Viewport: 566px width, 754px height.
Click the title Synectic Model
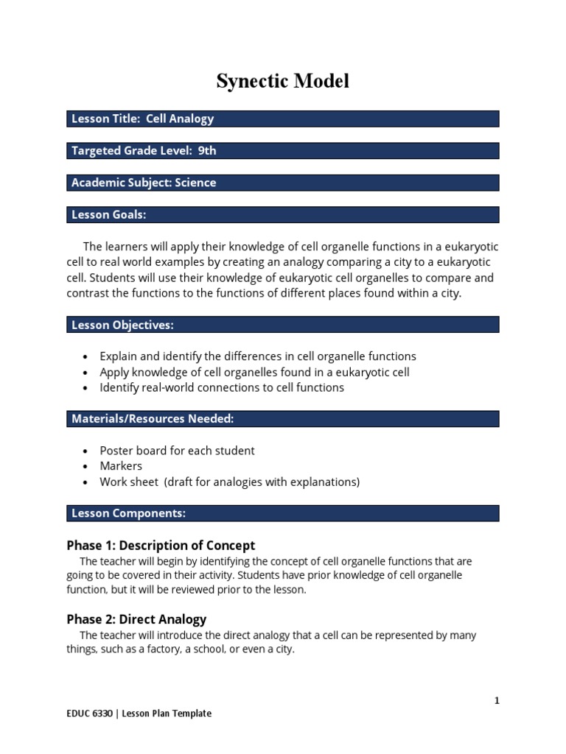click(x=283, y=82)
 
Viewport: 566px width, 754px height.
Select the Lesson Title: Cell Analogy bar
click(x=284, y=119)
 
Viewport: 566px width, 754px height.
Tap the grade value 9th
click(x=207, y=151)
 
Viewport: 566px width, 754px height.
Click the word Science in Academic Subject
click(x=195, y=183)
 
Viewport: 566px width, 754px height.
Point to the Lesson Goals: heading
click(x=109, y=215)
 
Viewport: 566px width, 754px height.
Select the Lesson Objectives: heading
click(x=122, y=325)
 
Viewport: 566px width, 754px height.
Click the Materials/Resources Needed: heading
click(x=153, y=419)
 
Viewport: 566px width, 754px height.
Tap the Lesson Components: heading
click(x=128, y=513)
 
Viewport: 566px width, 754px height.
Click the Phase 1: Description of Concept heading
click(x=161, y=546)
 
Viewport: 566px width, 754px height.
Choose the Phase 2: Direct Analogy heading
click(x=136, y=619)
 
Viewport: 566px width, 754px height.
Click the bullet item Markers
click(x=121, y=466)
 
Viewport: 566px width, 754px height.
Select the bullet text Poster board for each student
click(x=177, y=451)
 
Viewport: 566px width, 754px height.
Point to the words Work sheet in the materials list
click(x=129, y=482)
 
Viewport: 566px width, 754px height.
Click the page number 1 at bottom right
click(x=497, y=701)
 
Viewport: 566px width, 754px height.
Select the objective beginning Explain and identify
click(x=258, y=356)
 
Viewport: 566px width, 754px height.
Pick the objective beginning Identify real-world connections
click(x=222, y=387)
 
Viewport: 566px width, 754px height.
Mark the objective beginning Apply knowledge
click(x=254, y=372)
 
